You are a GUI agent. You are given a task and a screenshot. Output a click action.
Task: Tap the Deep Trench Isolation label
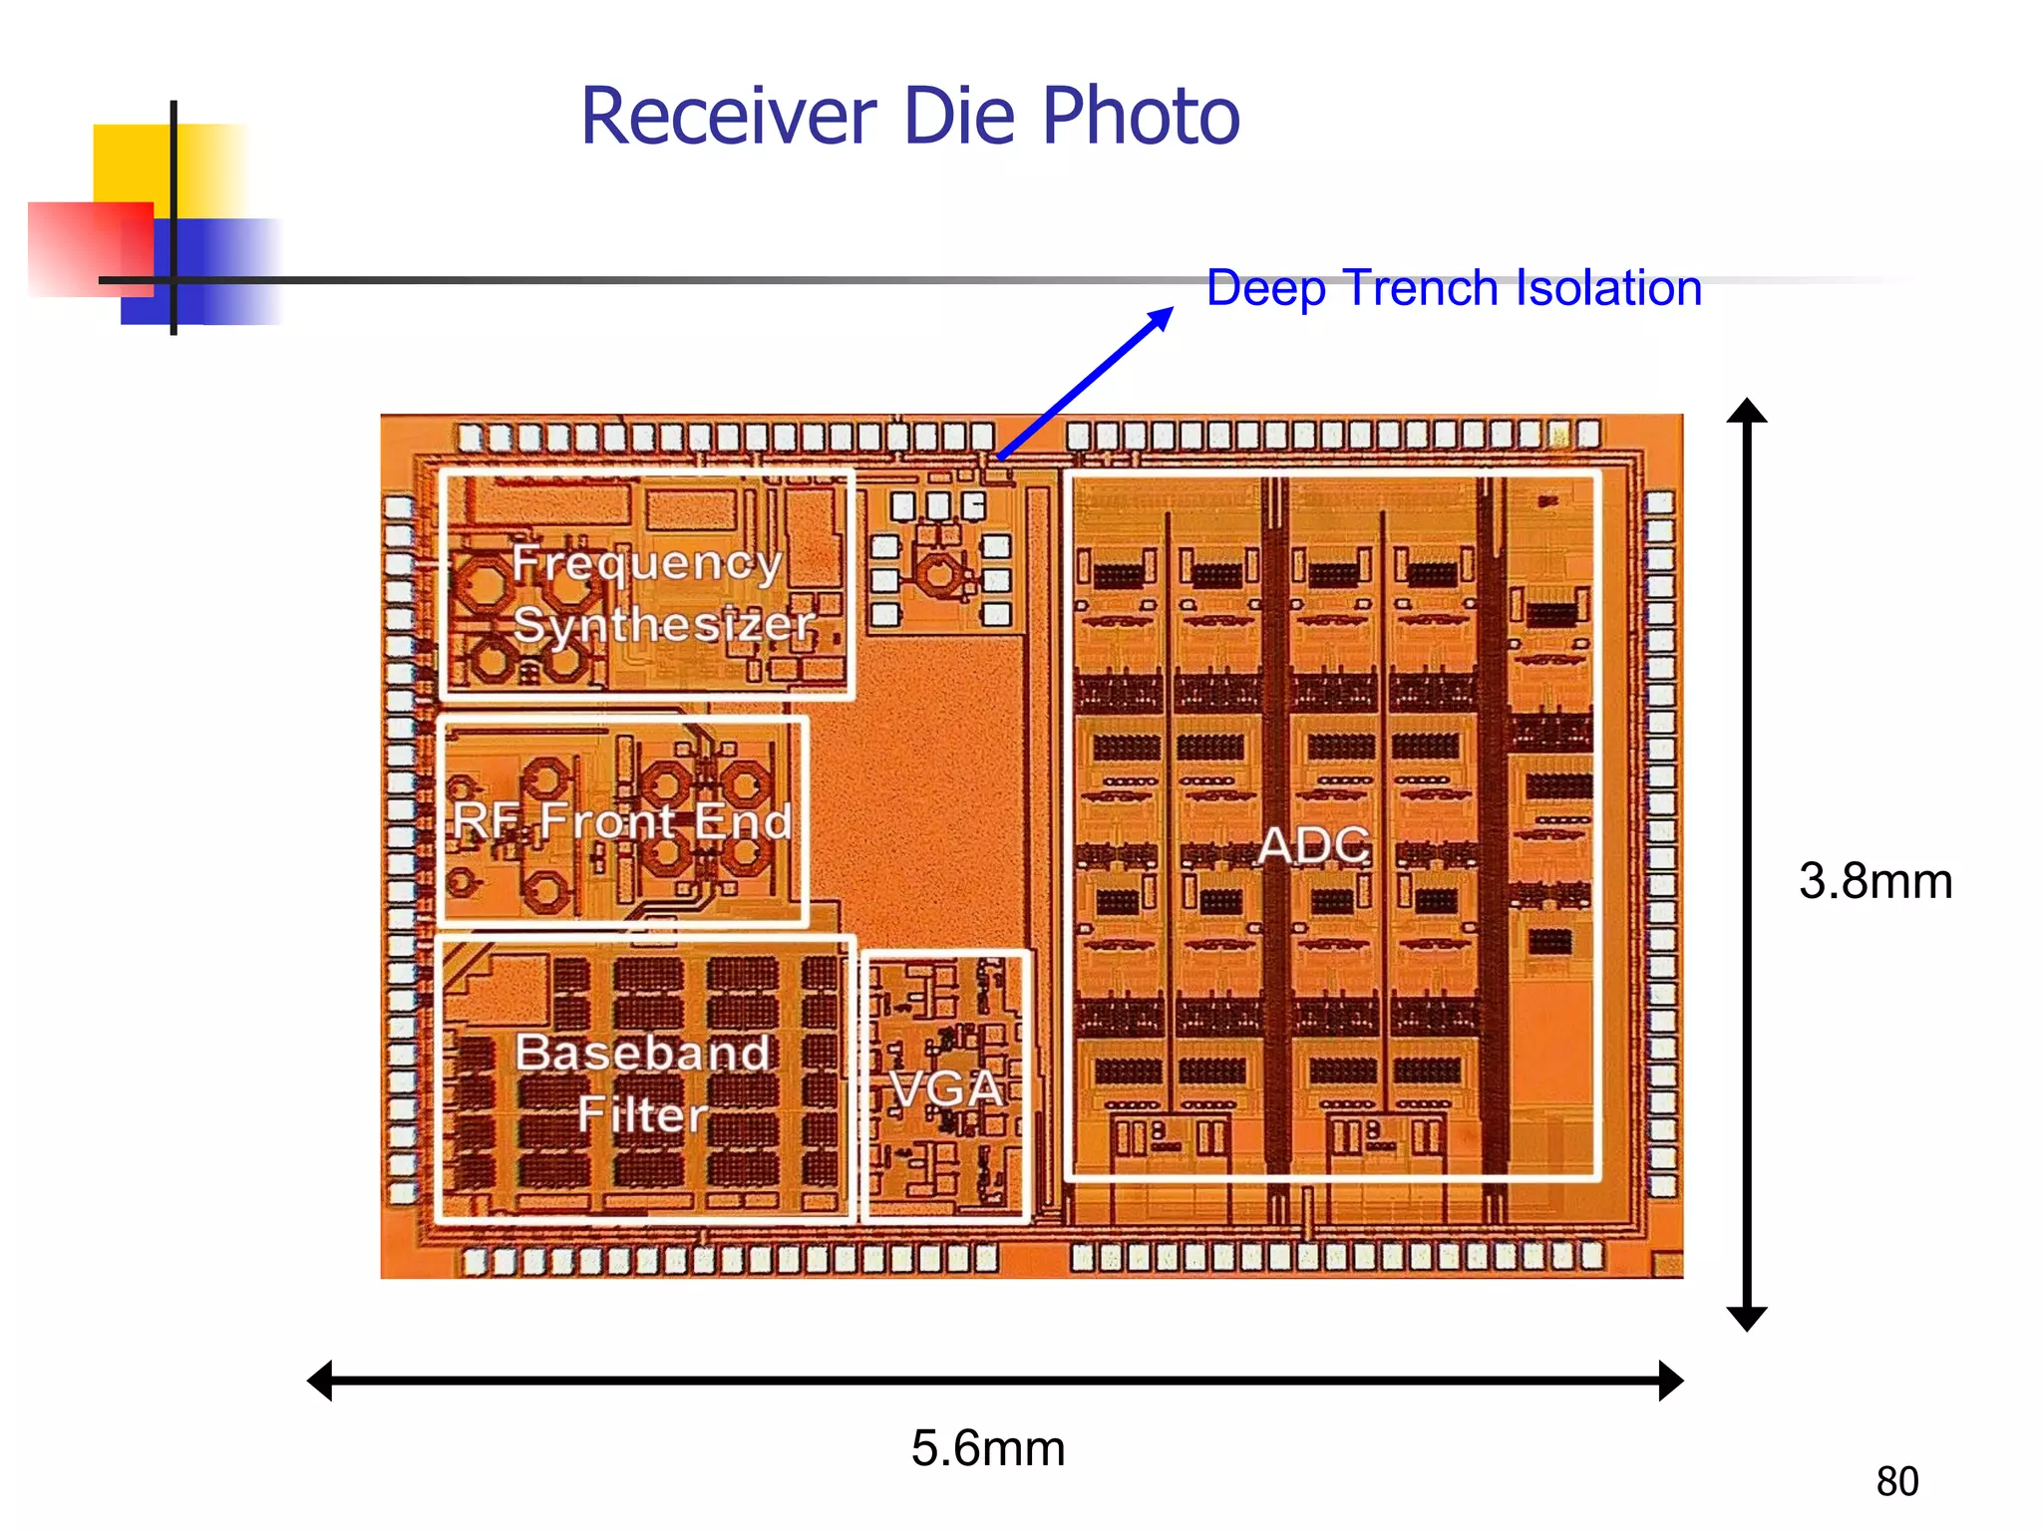click(x=1454, y=288)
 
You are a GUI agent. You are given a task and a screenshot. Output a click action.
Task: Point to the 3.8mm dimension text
click(x=1875, y=881)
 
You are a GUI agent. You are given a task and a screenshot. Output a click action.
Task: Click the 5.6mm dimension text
click(x=988, y=1448)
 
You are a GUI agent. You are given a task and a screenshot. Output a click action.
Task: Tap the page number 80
click(x=1896, y=1482)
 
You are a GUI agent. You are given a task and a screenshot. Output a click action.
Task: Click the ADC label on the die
click(x=1314, y=846)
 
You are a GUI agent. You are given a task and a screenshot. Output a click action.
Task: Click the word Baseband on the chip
click(x=643, y=1053)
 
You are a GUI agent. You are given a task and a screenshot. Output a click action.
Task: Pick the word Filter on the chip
click(x=643, y=1113)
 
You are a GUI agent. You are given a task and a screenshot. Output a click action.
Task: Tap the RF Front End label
click(x=621, y=821)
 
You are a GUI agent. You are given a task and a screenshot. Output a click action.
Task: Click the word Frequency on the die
click(x=646, y=564)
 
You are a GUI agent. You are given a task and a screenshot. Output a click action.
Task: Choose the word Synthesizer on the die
click(x=664, y=625)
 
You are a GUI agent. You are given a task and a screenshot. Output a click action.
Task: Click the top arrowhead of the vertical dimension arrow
click(x=1747, y=411)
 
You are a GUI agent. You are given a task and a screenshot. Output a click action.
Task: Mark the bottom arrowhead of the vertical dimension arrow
click(x=1747, y=1319)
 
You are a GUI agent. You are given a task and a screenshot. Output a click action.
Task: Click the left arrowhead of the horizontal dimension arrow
click(x=320, y=1380)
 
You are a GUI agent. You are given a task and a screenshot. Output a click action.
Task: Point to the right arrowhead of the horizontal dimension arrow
click(x=1671, y=1380)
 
